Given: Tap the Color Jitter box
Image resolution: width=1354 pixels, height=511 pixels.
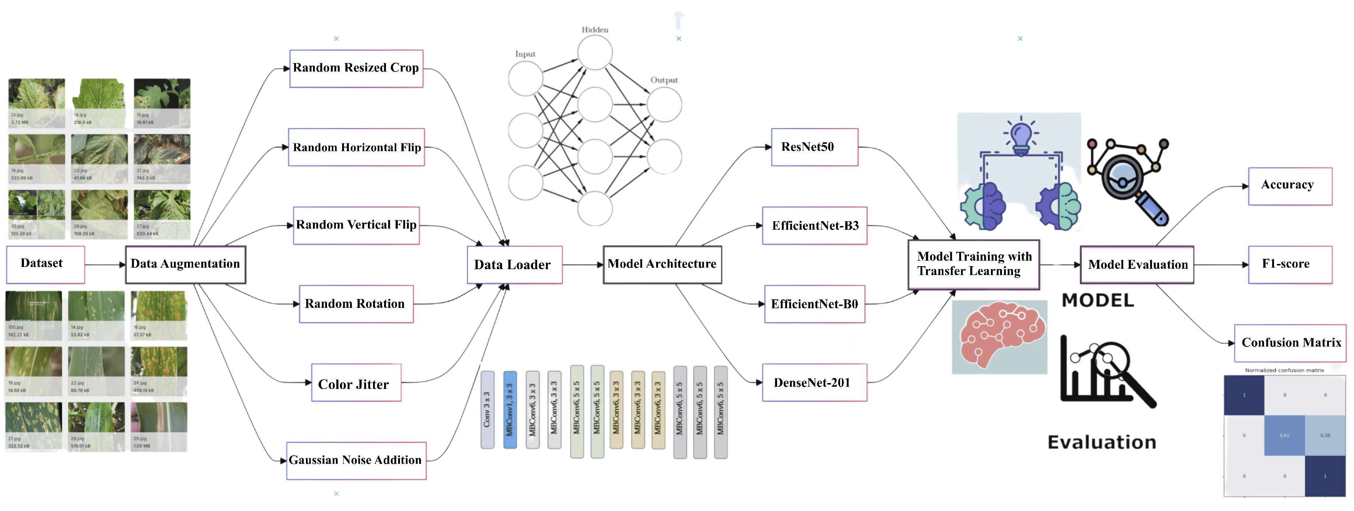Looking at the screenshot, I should point(356,383).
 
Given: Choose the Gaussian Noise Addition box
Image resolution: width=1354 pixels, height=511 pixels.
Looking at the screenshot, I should point(356,460).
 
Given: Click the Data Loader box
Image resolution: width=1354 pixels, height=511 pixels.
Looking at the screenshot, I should point(514,264).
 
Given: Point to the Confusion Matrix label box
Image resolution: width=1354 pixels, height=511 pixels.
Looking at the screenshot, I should point(1290,343).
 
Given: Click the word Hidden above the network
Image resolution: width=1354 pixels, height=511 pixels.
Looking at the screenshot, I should point(595,30).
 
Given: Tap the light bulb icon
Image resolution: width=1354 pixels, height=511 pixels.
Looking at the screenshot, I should point(1020,137).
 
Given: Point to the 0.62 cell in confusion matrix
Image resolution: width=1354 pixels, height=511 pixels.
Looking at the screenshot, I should point(1284,435).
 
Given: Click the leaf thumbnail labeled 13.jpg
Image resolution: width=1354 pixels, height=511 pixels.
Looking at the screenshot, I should point(36,102).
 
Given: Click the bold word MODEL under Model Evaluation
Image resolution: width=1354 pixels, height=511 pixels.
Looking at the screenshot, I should point(1097,301).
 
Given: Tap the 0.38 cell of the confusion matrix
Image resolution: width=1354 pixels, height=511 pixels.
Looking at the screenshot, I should point(1325,435).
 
